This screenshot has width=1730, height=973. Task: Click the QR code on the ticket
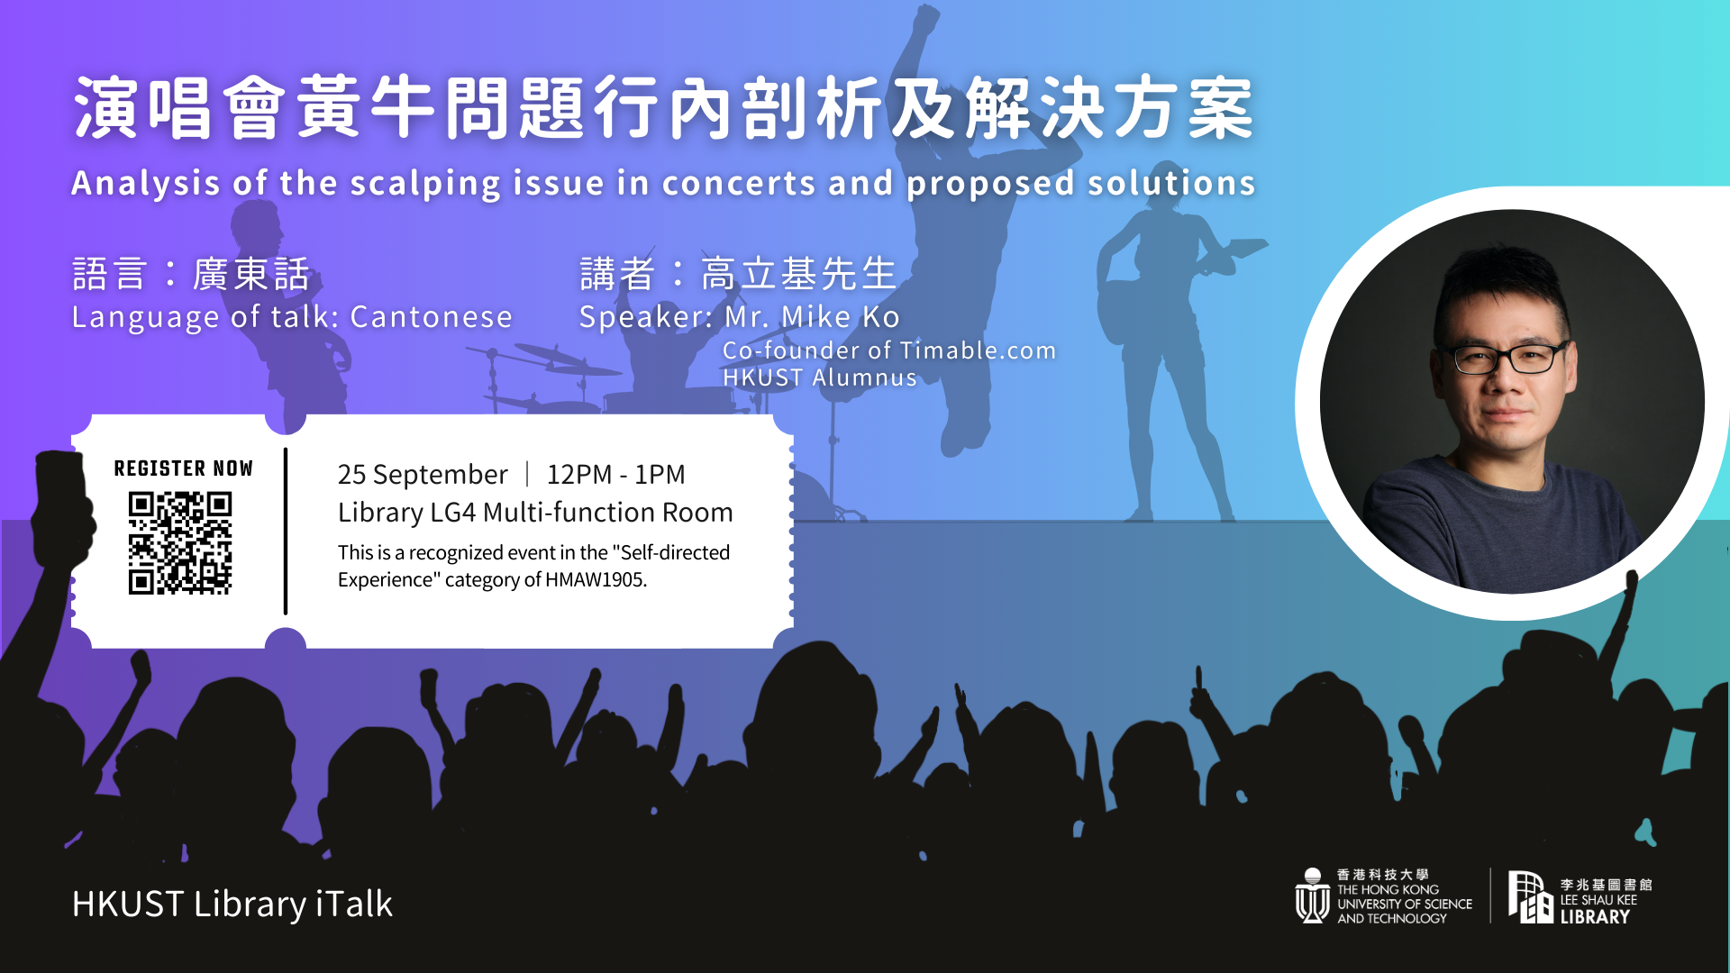(180, 542)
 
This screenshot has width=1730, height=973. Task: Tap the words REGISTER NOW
(183, 468)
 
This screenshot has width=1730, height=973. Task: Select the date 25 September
(423, 475)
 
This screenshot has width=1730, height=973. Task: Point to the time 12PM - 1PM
(615, 474)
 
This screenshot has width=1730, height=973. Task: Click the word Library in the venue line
(380, 513)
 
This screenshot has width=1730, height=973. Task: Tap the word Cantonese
(431, 317)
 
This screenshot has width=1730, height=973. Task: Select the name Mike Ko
(840, 317)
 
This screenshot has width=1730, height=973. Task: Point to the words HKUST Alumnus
(820, 377)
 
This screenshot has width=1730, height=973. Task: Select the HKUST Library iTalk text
(232, 904)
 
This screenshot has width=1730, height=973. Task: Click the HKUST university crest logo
(1313, 896)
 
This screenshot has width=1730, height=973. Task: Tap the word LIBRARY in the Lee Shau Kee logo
(1595, 917)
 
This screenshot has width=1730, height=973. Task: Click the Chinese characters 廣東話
(251, 274)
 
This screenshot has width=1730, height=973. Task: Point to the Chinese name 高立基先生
(799, 274)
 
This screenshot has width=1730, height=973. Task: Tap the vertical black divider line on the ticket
(286, 532)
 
